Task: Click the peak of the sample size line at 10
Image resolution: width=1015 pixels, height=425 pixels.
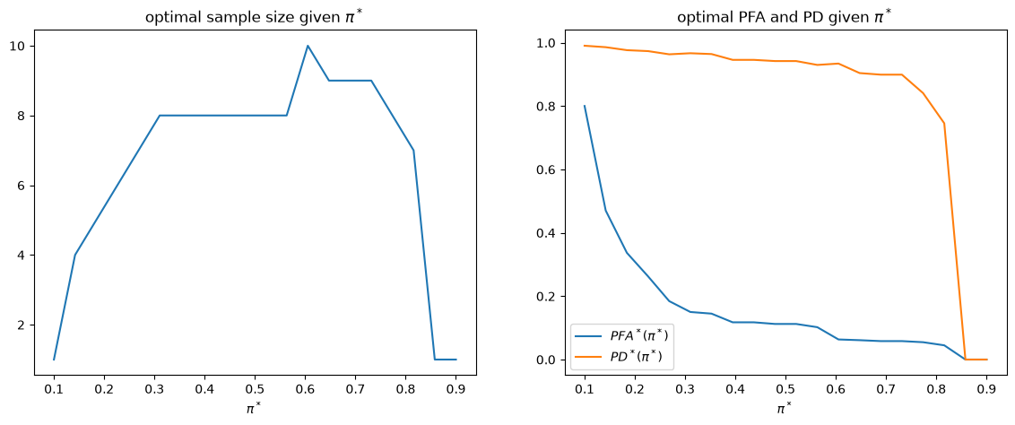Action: pos(308,46)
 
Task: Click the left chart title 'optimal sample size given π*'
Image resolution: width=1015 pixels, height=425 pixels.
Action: pos(255,16)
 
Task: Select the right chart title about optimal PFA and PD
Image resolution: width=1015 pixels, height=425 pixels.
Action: pos(785,16)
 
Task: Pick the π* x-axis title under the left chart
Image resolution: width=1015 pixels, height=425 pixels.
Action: pos(255,408)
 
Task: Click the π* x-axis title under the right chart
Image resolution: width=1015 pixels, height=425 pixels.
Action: pos(785,408)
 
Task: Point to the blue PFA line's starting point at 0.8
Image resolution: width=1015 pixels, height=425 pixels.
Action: pos(585,106)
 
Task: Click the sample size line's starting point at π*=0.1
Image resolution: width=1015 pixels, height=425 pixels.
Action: pos(54,359)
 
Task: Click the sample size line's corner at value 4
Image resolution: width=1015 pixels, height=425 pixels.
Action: pos(75,255)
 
